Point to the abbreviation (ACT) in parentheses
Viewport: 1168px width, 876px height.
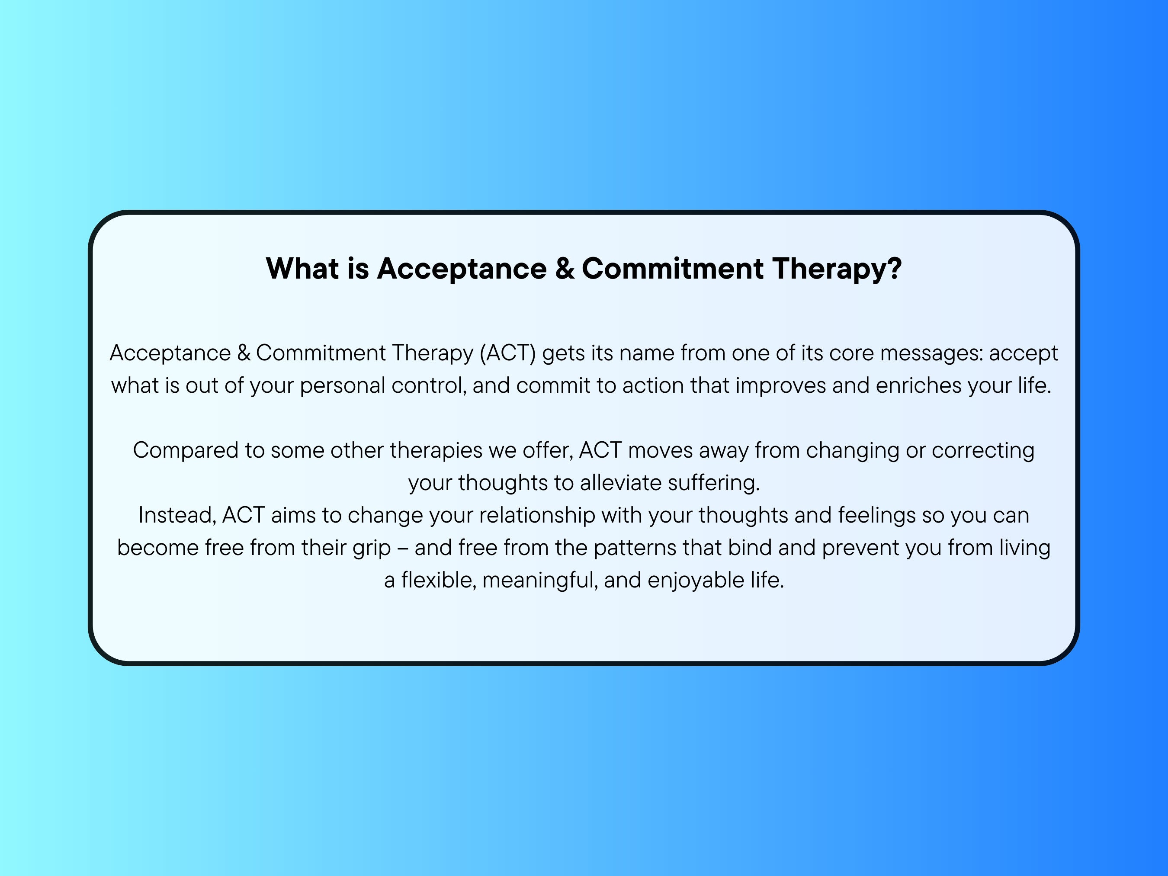pos(507,353)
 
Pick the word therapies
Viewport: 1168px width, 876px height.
pos(436,450)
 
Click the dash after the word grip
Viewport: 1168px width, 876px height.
pos(402,548)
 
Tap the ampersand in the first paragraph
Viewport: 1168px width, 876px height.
pos(244,353)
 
